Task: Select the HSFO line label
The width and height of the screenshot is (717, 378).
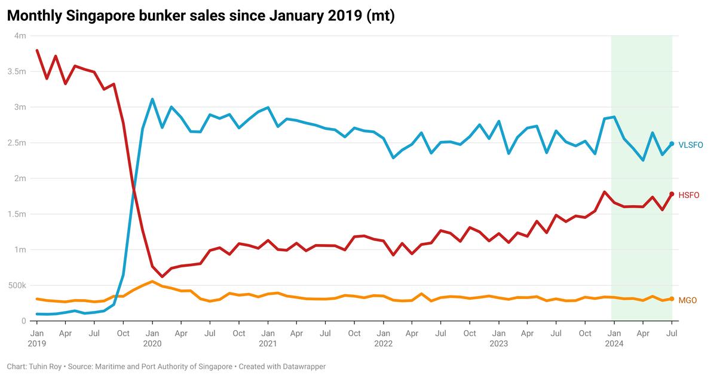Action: coord(688,195)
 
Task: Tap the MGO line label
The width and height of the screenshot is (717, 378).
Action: coord(687,300)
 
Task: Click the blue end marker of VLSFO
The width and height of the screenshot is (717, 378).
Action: coord(672,144)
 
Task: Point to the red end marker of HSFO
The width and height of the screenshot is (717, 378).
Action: coord(672,194)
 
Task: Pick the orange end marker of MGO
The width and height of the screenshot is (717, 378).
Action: coord(672,299)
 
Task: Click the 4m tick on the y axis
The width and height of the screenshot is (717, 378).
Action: coord(20,36)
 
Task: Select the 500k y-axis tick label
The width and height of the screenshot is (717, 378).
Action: coord(17,285)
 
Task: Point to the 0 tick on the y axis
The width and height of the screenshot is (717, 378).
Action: coord(24,321)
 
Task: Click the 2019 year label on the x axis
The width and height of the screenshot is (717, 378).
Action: coord(37,344)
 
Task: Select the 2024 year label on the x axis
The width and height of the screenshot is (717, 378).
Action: coord(614,344)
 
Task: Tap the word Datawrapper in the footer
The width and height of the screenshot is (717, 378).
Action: coord(301,366)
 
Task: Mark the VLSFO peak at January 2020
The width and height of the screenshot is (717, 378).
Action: coord(152,99)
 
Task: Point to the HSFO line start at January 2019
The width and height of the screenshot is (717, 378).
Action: coord(37,50)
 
